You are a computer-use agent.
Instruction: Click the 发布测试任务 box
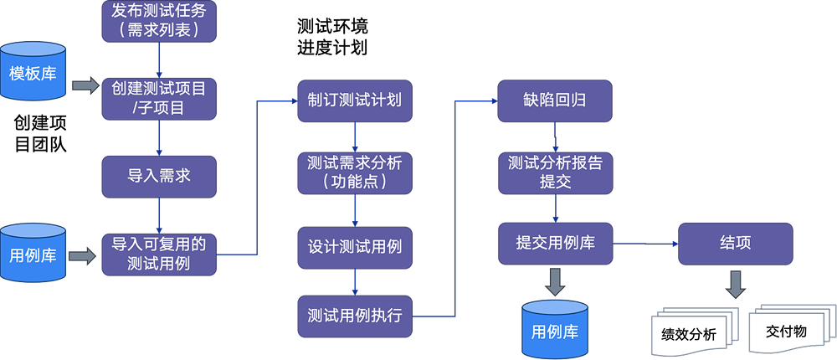coord(159,22)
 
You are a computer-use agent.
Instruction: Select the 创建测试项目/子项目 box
coord(159,98)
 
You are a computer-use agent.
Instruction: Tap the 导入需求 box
coord(159,176)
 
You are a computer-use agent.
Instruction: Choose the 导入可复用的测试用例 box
coord(159,254)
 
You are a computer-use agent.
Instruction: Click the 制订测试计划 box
coord(355,100)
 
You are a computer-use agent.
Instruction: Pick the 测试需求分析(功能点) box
coord(355,172)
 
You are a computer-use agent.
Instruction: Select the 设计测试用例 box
coord(355,248)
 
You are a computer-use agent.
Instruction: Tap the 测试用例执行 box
coord(355,316)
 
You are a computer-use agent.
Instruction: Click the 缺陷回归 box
coord(555,100)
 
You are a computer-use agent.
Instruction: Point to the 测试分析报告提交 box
coord(555,172)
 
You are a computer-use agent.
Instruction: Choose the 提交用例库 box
coord(555,244)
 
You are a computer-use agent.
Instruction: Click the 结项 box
coord(735,244)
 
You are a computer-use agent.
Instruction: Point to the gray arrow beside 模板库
coord(85,85)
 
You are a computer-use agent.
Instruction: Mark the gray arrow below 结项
coord(735,284)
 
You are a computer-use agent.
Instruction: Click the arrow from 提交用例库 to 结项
coord(644,244)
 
